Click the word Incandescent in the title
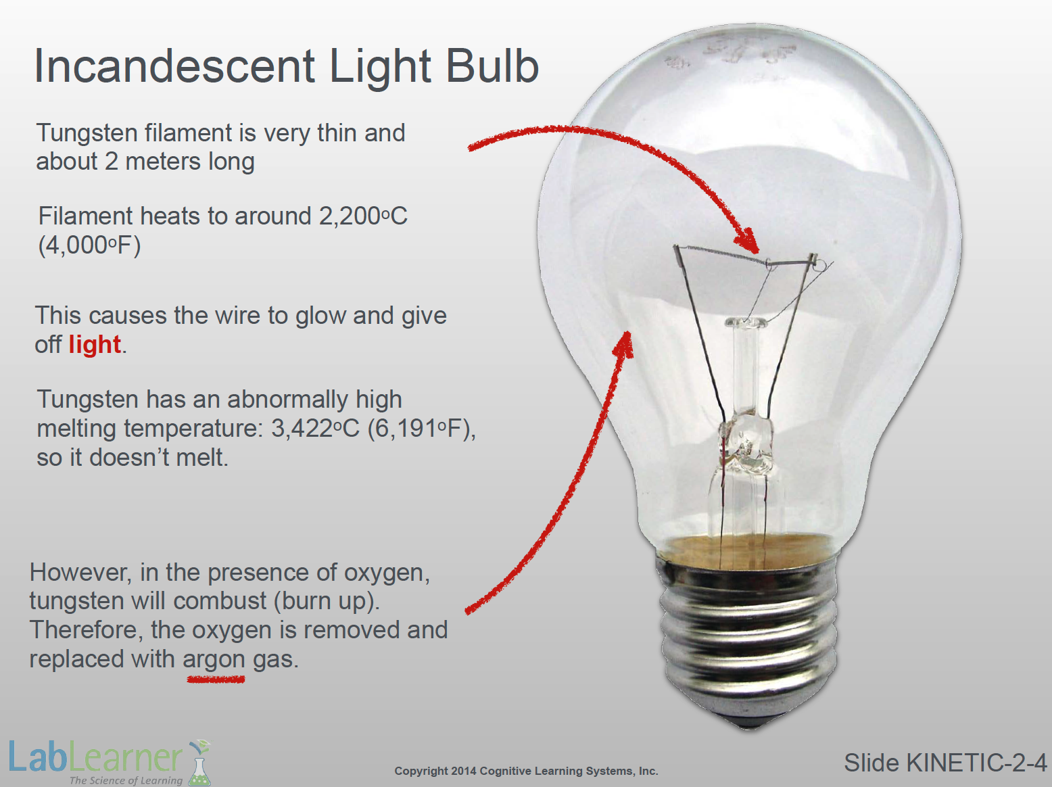(x=175, y=66)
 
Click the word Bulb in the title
(x=492, y=66)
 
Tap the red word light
(x=95, y=344)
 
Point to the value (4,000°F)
(x=90, y=245)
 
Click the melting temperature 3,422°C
(x=315, y=429)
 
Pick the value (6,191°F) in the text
(x=419, y=429)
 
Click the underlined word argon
(x=214, y=659)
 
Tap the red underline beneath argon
(x=216, y=679)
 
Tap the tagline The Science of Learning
(x=126, y=780)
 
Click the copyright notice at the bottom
(x=526, y=771)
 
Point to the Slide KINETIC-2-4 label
(x=945, y=763)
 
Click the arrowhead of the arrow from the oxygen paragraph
(x=624, y=343)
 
